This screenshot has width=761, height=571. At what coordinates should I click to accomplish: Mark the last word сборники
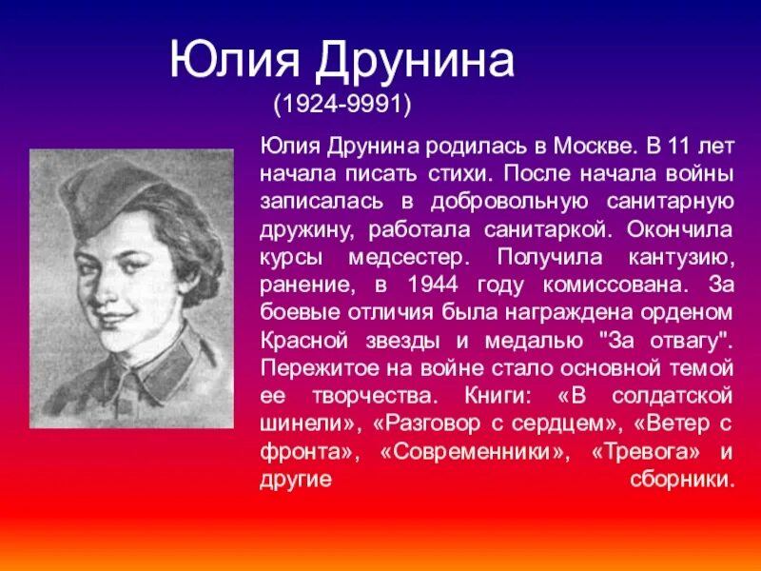pos(683,480)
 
